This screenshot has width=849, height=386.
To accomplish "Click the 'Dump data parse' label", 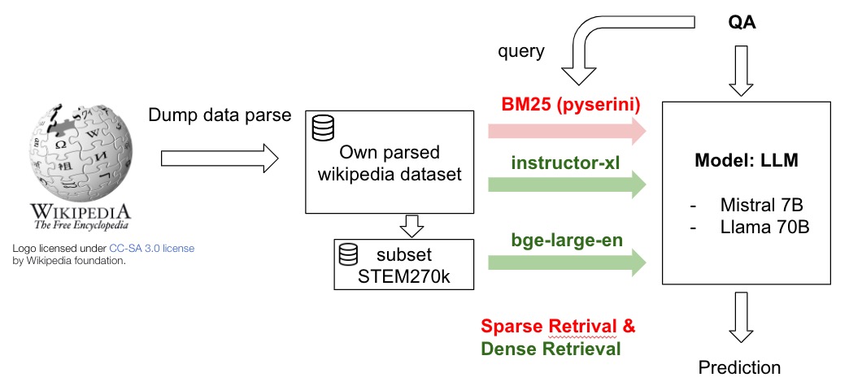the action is click(220, 115).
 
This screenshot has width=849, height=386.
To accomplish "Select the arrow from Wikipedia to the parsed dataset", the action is click(220, 158).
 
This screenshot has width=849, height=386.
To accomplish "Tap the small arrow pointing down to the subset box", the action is click(412, 225).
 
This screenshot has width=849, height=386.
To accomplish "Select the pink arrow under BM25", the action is click(568, 131).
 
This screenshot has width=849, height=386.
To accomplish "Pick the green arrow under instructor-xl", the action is click(568, 184).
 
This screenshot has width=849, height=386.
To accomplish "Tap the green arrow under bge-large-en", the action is click(568, 262).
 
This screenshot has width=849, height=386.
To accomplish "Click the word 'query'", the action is click(521, 52).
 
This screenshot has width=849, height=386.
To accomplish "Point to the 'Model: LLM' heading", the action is click(747, 162).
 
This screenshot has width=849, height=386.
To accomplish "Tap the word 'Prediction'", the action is click(740, 367).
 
